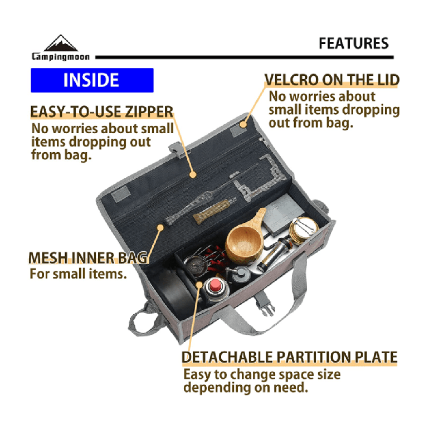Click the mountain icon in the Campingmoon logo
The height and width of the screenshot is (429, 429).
[61, 43]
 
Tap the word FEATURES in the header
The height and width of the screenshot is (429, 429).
[353, 43]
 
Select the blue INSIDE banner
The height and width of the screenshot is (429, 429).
[92, 80]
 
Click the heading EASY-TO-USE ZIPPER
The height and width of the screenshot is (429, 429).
[102, 111]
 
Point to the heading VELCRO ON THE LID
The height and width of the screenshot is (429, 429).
[332, 80]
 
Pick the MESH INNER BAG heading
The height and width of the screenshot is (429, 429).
[88, 258]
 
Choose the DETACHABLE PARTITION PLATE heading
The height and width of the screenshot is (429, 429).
[290, 357]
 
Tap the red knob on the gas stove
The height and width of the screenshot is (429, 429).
[215, 285]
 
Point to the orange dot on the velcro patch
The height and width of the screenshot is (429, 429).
[243, 124]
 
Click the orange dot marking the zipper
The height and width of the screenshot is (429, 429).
[193, 174]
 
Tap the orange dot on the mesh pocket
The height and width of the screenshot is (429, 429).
[160, 228]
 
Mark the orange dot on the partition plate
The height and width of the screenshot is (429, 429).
[199, 285]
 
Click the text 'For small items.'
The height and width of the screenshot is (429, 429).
[78, 274]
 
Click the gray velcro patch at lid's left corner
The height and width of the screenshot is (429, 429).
[121, 193]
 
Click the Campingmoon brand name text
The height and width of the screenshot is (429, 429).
[61, 56]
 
